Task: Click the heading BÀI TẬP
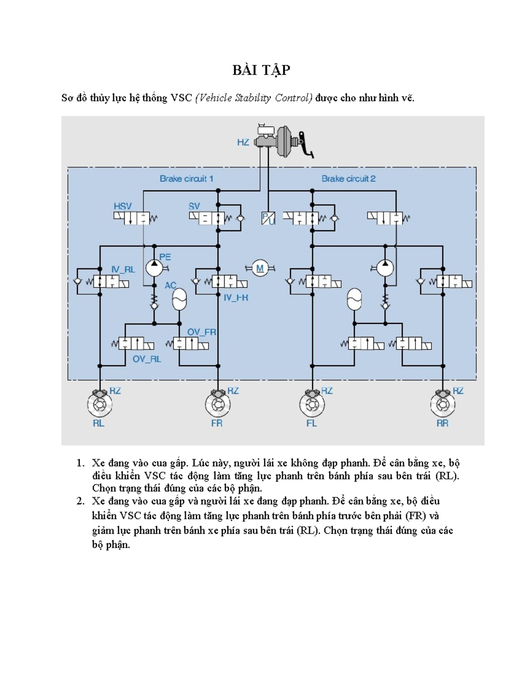[261, 70]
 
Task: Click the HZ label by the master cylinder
[243, 143]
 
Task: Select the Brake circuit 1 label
[186, 179]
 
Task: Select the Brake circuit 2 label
[348, 179]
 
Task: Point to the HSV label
[122, 206]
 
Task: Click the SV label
[194, 206]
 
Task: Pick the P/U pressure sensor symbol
[268, 218]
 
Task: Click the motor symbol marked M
[260, 269]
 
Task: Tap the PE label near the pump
[165, 257]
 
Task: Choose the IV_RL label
[123, 269]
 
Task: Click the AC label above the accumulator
[170, 285]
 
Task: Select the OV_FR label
[201, 332]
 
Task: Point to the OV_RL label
[147, 359]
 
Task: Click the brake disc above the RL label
[100, 404]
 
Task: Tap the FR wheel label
[216, 423]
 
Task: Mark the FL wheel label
[311, 423]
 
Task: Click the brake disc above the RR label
[443, 404]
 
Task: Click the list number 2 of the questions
[80, 501]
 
